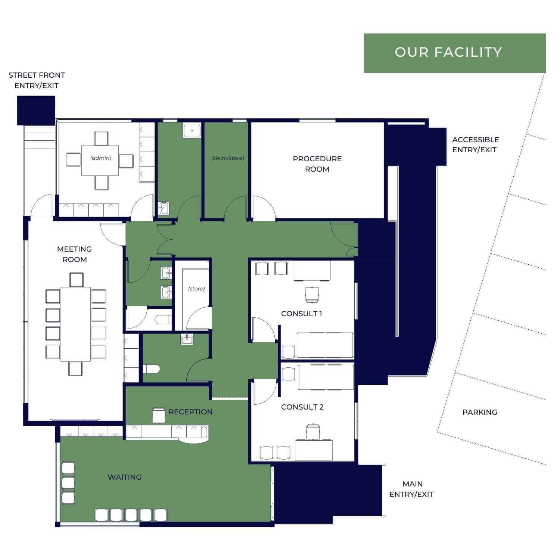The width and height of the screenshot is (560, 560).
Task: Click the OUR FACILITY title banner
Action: tap(455, 53)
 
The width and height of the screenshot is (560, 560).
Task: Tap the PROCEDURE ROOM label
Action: tap(317, 164)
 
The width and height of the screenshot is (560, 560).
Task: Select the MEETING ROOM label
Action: tap(74, 254)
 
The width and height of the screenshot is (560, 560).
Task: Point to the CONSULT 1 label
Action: tap(301, 314)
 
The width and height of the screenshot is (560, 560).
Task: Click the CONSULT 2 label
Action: tap(302, 407)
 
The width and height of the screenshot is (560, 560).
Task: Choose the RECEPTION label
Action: tap(190, 412)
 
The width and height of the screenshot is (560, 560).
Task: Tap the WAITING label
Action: tap(124, 477)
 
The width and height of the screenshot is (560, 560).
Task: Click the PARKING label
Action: tap(480, 412)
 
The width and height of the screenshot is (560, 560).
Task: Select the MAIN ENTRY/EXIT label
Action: tap(411, 489)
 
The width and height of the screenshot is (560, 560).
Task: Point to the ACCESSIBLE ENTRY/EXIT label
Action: tap(475, 145)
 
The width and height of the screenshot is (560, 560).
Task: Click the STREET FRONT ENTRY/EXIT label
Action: tap(37, 80)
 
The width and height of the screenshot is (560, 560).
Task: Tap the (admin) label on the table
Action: tap(101, 158)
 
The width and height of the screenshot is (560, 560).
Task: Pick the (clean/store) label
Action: tap(227, 158)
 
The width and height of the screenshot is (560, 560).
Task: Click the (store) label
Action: tap(196, 289)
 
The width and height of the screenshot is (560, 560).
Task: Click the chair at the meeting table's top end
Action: tap(76, 280)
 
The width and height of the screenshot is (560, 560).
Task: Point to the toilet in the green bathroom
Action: tap(151, 369)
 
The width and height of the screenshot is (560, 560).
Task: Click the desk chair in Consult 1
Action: tap(311, 294)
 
